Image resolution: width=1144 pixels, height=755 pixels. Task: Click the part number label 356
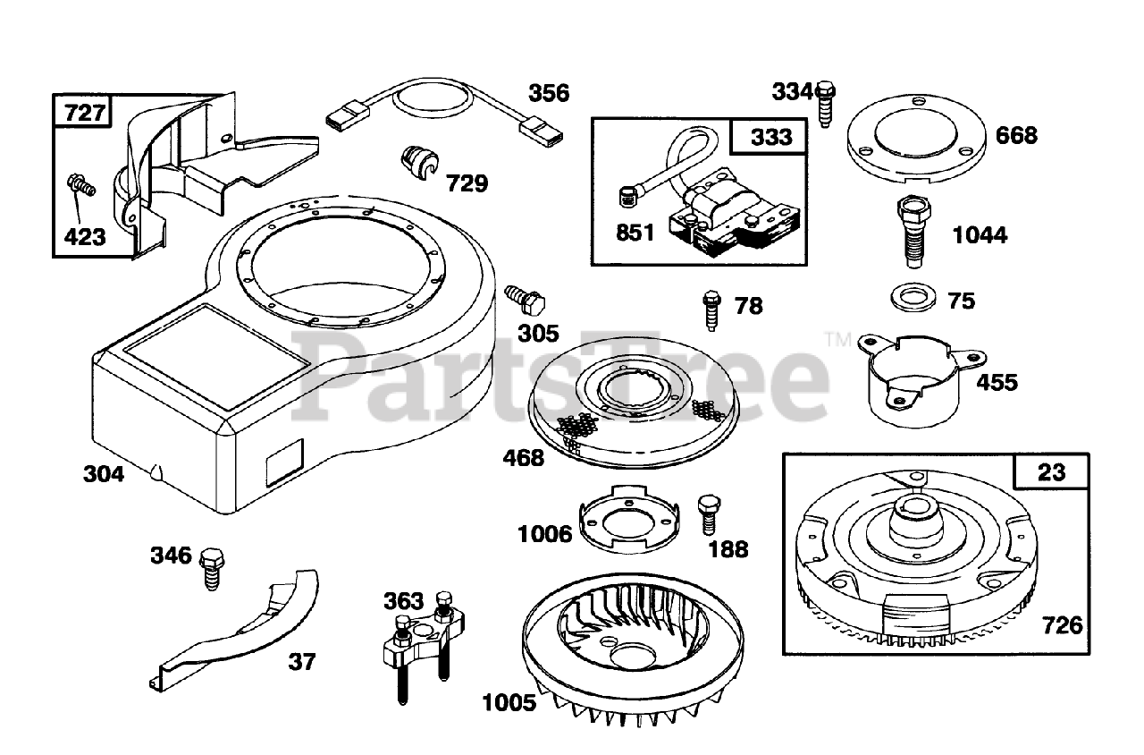click(549, 93)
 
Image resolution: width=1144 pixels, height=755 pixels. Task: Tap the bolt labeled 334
click(826, 102)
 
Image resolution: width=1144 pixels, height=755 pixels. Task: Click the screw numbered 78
click(712, 310)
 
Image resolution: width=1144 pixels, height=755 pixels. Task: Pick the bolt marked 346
click(213, 566)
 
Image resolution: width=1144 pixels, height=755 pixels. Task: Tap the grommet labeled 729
click(416, 162)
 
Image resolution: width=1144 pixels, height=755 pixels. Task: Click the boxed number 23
click(1051, 471)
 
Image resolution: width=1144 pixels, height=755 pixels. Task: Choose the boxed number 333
click(770, 137)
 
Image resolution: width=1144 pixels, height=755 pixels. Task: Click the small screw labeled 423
click(80, 187)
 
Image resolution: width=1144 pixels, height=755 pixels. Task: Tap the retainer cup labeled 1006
click(624, 521)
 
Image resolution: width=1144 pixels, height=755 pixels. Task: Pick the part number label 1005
click(509, 703)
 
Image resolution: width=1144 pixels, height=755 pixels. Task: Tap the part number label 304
click(104, 474)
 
